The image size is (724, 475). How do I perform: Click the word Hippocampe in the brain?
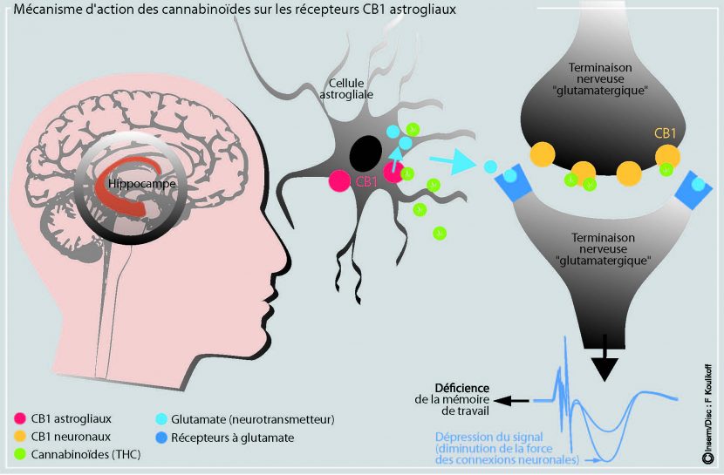(x=142, y=184)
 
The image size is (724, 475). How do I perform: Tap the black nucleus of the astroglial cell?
(x=365, y=153)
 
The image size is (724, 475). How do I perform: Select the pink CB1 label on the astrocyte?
(x=366, y=181)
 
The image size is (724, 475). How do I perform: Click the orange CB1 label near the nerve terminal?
(x=665, y=133)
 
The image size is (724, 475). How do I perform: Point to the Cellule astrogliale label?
(x=346, y=89)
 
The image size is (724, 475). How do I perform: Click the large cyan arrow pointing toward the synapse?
(x=453, y=161)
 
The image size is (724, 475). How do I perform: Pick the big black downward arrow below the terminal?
(x=604, y=358)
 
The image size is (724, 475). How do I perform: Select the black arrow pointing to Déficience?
(x=510, y=401)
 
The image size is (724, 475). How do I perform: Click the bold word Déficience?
(x=461, y=389)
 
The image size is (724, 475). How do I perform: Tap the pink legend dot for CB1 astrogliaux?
(x=19, y=418)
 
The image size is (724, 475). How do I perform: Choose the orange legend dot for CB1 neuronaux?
(x=19, y=437)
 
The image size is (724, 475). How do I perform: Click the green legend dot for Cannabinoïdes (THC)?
(x=19, y=454)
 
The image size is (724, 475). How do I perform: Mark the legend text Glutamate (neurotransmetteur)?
(x=253, y=420)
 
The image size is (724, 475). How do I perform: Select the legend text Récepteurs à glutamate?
(x=232, y=438)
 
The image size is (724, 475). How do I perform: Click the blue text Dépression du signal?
(x=489, y=437)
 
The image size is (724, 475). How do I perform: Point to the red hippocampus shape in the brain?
(x=124, y=185)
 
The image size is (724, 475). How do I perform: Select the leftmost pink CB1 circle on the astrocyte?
(x=339, y=180)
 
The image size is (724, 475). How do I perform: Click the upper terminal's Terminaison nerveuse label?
(x=600, y=73)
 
